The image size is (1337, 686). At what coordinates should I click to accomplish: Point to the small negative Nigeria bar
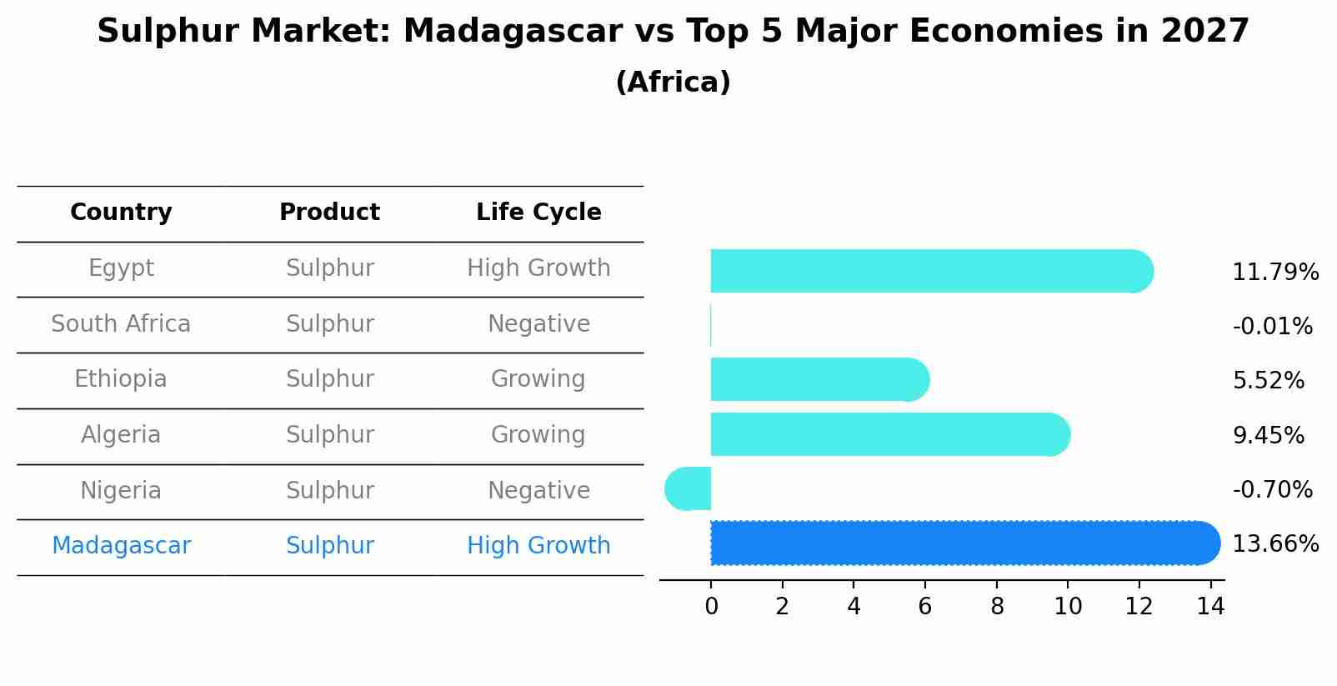point(689,488)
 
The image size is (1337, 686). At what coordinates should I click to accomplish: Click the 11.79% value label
point(1274,273)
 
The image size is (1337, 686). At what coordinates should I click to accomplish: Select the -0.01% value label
point(1272,327)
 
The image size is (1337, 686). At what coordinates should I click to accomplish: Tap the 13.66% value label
point(1274,544)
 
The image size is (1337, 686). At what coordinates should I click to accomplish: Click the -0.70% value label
point(1272,490)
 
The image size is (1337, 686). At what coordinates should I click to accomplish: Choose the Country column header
point(121,213)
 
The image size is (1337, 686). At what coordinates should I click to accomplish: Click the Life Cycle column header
point(538,213)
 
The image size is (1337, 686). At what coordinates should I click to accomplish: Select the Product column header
point(329,213)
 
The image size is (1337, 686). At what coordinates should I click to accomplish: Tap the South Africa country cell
point(121,324)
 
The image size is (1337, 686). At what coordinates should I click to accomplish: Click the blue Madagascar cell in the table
point(121,546)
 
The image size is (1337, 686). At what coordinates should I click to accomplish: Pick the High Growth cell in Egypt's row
point(538,268)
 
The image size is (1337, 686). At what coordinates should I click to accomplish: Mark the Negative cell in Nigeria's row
point(538,491)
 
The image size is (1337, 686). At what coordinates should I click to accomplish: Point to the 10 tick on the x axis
point(1068,607)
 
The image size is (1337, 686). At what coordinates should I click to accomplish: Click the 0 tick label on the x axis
point(711,607)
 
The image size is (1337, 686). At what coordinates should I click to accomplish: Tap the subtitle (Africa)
point(673,83)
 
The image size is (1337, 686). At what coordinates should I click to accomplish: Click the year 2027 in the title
point(1204,32)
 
